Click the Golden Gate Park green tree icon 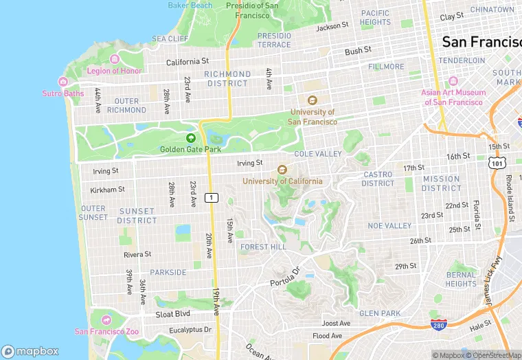(x=191, y=138)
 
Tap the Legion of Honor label (x=114, y=71)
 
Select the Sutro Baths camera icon (x=63, y=82)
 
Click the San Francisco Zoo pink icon (x=106, y=321)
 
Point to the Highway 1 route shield (x=212, y=198)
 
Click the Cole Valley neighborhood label (x=317, y=155)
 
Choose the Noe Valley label (x=389, y=226)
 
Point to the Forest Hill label (x=263, y=247)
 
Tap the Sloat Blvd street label (x=172, y=314)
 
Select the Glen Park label (x=380, y=313)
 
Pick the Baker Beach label (x=190, y=5)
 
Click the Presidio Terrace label (x=274, y=40)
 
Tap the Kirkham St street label (x=107, y=190)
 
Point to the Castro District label (x=378, y=179)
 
